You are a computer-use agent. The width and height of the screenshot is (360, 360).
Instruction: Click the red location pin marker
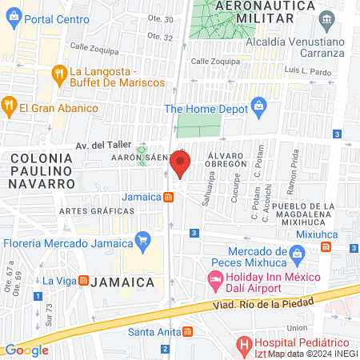pyautogui.click(x=180, y=166)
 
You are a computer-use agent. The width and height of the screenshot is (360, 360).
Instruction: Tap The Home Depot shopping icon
pyautogui.click(x=258, y=105)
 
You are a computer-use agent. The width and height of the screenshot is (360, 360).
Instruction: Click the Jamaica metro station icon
pyautogui.click(x=169, y=198)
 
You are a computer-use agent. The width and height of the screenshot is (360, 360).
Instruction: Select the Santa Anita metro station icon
pyautogui.click(x=186, y=330)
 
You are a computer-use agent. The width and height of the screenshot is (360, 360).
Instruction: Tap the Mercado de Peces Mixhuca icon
pyautogui.click(x=297, y=254)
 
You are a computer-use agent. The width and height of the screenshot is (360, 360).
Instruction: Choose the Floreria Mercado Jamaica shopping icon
pyautogui.click(x=143, y=239)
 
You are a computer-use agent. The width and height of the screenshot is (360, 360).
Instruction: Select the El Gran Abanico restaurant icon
pyautogui.click(x=9, y=104)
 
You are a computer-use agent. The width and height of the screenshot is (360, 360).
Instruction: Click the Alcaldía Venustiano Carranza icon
pyautogui.click(x=326, y=19)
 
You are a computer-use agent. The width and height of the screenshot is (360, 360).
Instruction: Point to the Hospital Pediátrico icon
pyautogui.click(x=245, y=345)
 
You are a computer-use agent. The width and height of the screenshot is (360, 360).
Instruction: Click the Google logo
pyautogui.click(x=26, y=350)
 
